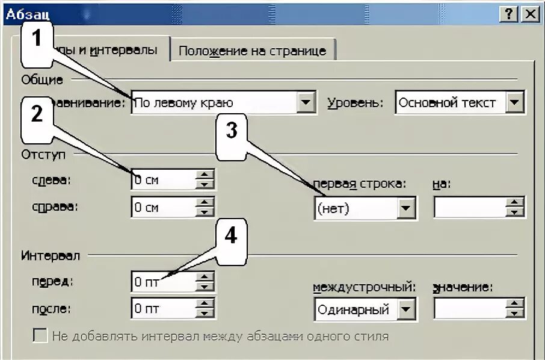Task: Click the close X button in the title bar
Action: [x=529, y=14]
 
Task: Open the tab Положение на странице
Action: [x=252, y=51]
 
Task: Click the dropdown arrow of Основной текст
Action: [x=515, y=102]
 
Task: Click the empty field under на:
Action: [x=469, y=208]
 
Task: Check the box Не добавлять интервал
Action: [x=40, y=336]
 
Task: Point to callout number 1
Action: [x=38, y=40]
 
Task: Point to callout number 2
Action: [x=37, y=114]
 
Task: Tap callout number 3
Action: [x=232, y=132]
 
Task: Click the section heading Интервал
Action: [x=51, y=256]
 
